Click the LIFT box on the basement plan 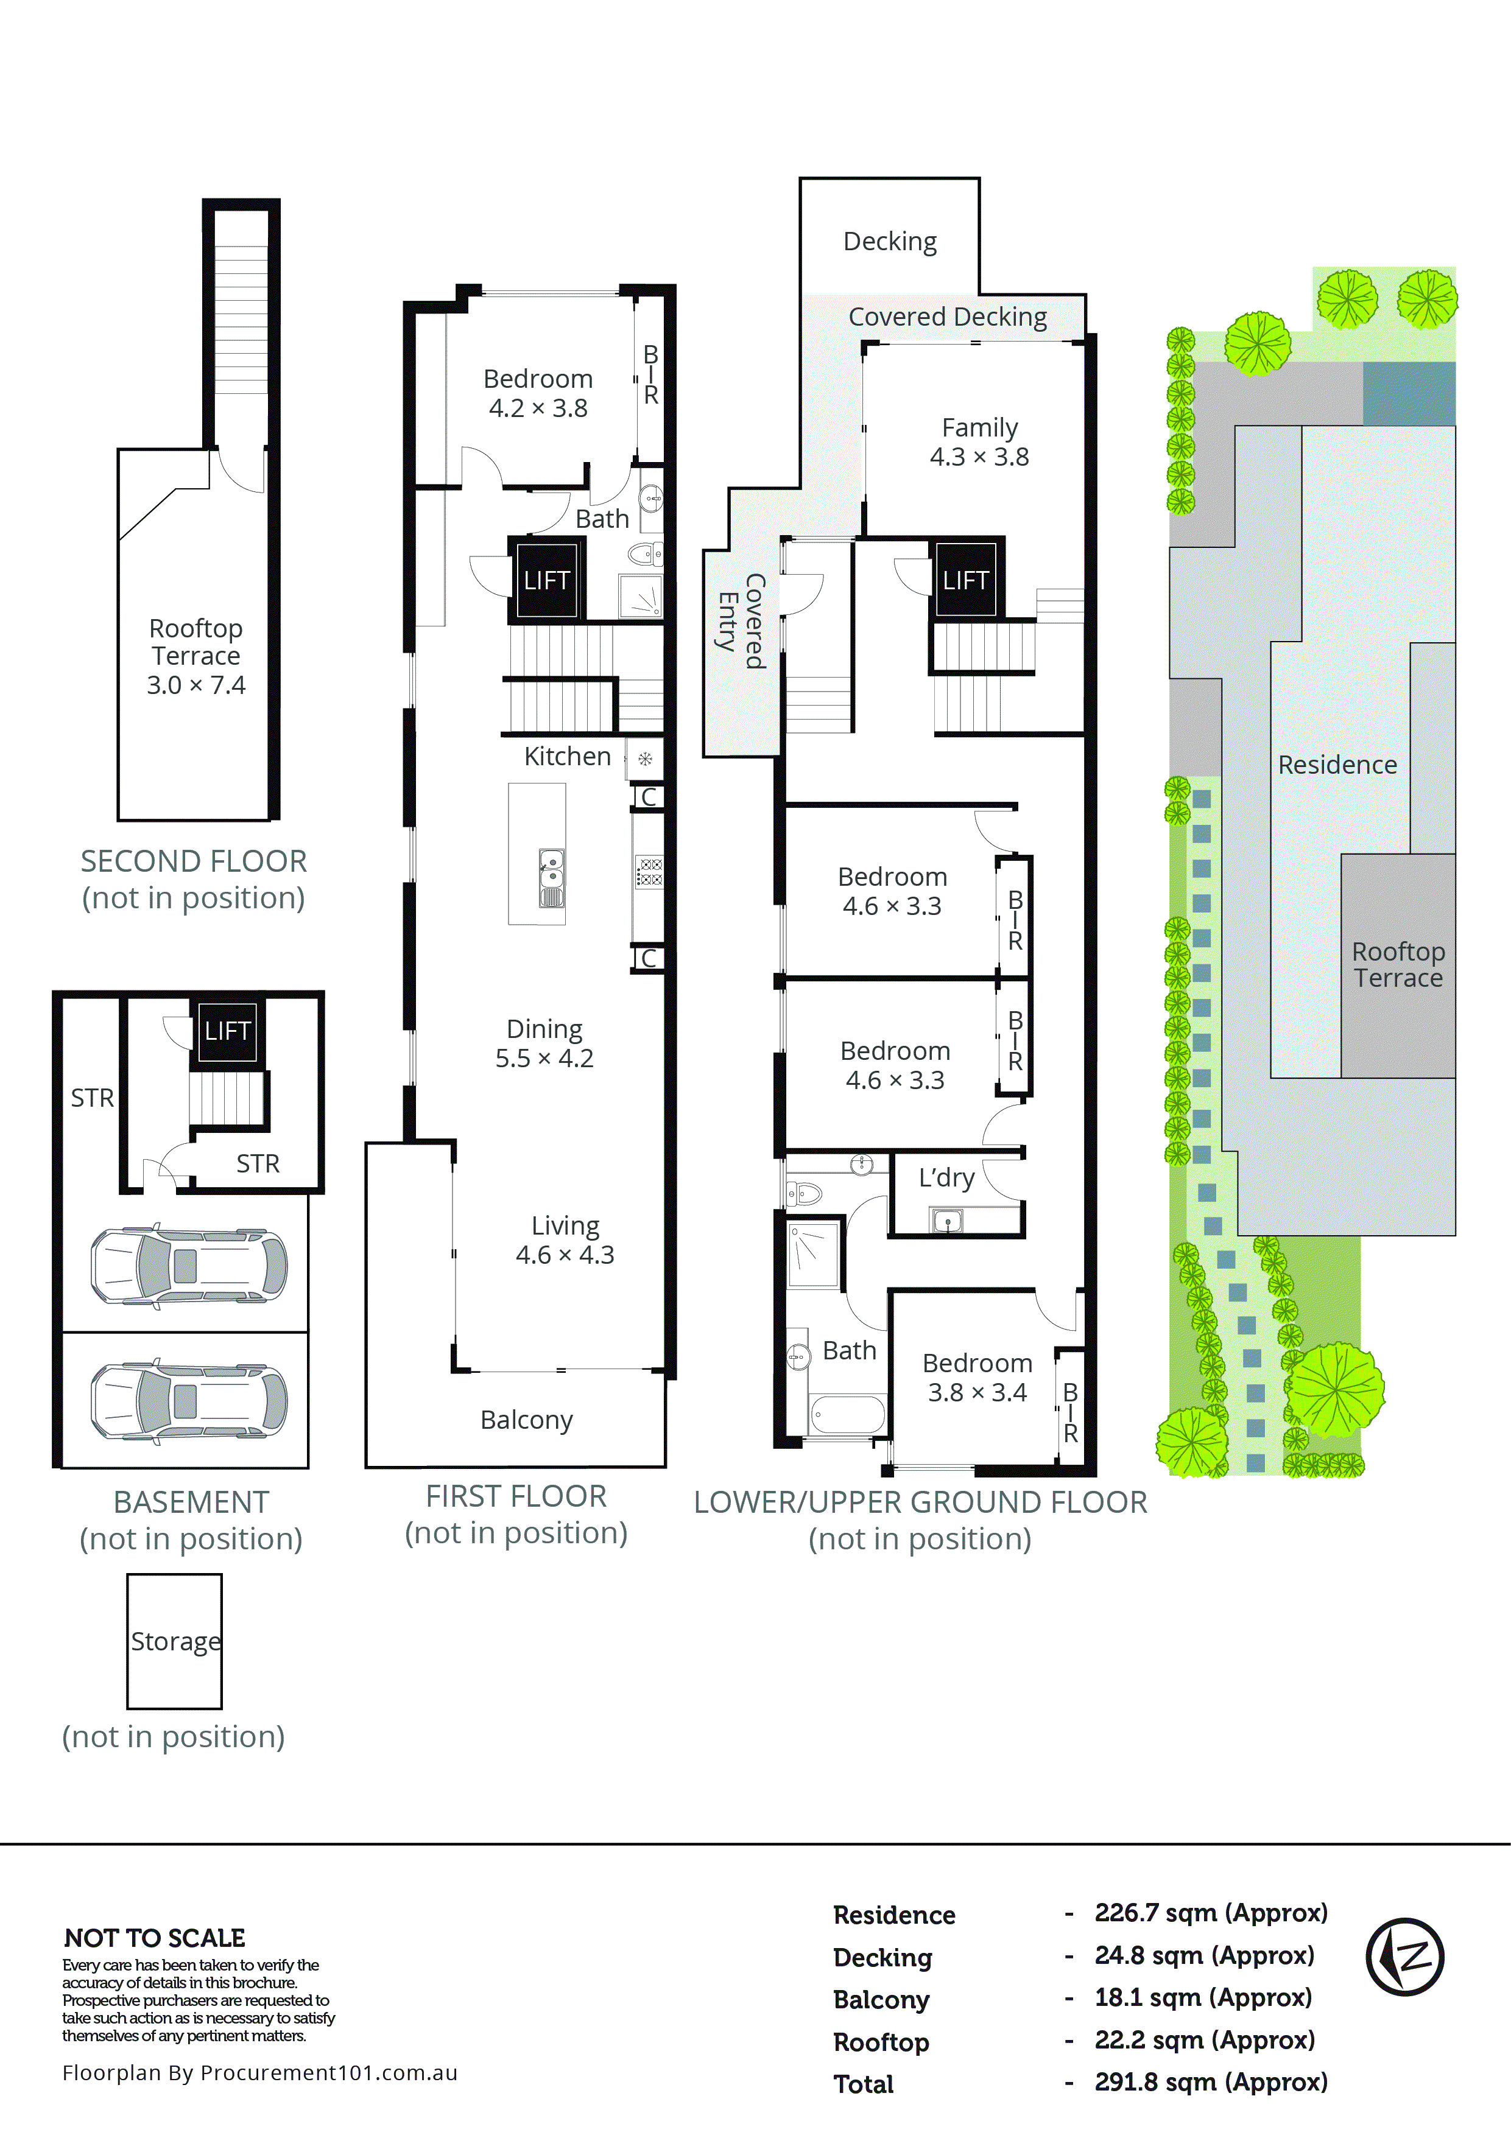coord(227,1030)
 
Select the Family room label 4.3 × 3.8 coord(979,443)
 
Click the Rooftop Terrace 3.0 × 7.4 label coord(195,656)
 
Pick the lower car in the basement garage coord(189,1401)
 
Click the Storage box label coord(175,1641)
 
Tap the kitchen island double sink coord(552,877)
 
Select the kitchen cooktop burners coord(649,872)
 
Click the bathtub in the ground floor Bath coord(847,1414)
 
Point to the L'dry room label coord(946,1178)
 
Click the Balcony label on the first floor coord(526,1420)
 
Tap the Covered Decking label coord(948,318)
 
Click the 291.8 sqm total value coord(1210,2082)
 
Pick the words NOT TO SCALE coord(155,1938)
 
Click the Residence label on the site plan coord(1337,765)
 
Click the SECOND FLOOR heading coord(194,861)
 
